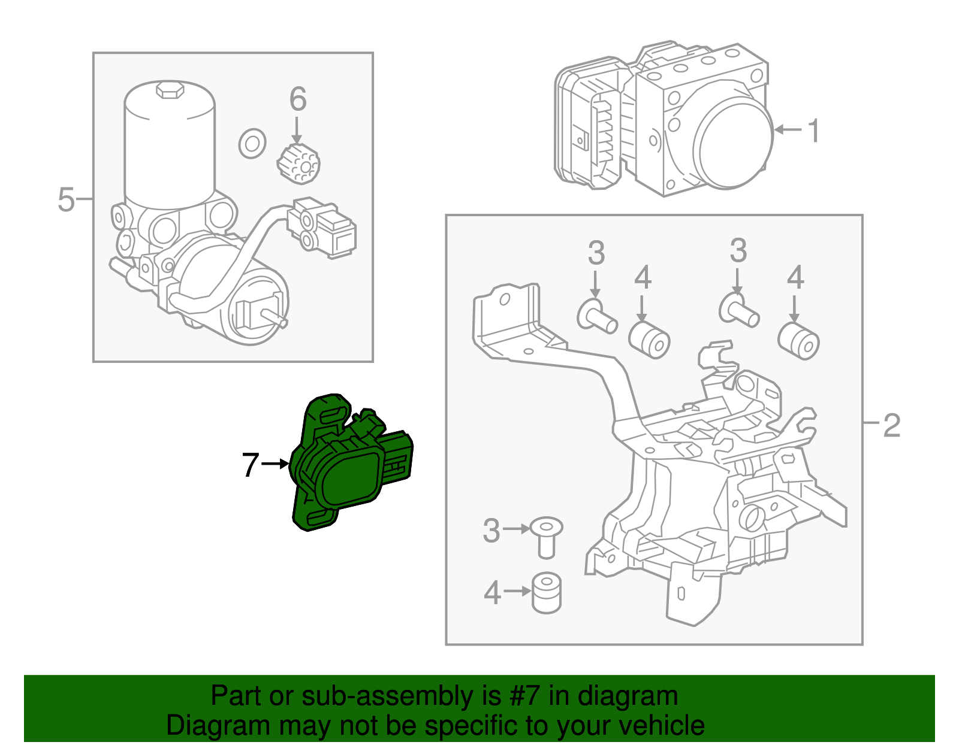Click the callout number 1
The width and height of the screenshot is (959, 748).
pyautogui.click(x=813, y=131)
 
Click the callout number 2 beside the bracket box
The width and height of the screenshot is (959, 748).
pyautogui.click(x=891, y=425)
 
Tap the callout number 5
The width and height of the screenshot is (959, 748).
pyautogui.click(x=66, y=199)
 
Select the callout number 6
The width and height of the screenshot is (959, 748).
pyautogui.click(x=298, y=99)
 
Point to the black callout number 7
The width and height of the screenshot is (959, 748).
pyautogui.click(x=250, y=464)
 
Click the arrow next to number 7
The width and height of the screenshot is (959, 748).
pyautogui.click(x=276, y=464)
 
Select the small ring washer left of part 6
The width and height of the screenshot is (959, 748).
pyautogui.click(x=252, y=144)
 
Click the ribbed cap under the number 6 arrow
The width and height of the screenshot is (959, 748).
pyautogui.click(x=298, y=164)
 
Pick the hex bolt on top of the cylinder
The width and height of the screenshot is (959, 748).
pyautogui.click(x=170, y=90)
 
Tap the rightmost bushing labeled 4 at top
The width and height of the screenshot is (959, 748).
pyautogui.click(x=799, y=341)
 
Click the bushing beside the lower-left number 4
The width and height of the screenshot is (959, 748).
pyautogui.click(x=546, y=592)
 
